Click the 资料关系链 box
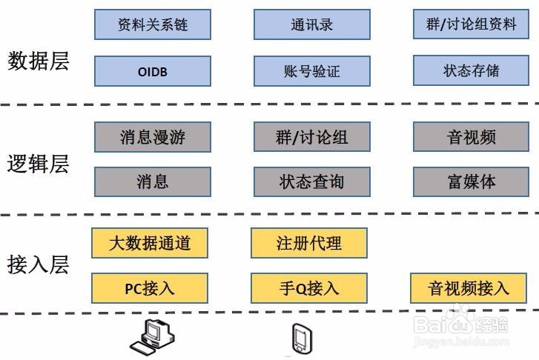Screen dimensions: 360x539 [153, 24]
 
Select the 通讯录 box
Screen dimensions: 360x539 [311, 24]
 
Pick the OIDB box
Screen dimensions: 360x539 [153, 71]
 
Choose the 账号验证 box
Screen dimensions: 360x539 [311, 71]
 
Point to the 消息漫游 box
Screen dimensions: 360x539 [153, 137]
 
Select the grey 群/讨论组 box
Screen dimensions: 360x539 [311, 137]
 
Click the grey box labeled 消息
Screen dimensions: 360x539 [153, 181]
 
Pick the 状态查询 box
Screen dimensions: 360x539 [311, 181]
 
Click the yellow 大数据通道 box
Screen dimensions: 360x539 [149, 243]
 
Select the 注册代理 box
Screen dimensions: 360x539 [308, 243]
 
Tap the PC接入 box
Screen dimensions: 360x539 [149, 287]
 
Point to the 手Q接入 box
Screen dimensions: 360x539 [308, 287]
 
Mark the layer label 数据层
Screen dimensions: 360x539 [38, 61]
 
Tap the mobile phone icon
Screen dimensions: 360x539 [302, 339]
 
